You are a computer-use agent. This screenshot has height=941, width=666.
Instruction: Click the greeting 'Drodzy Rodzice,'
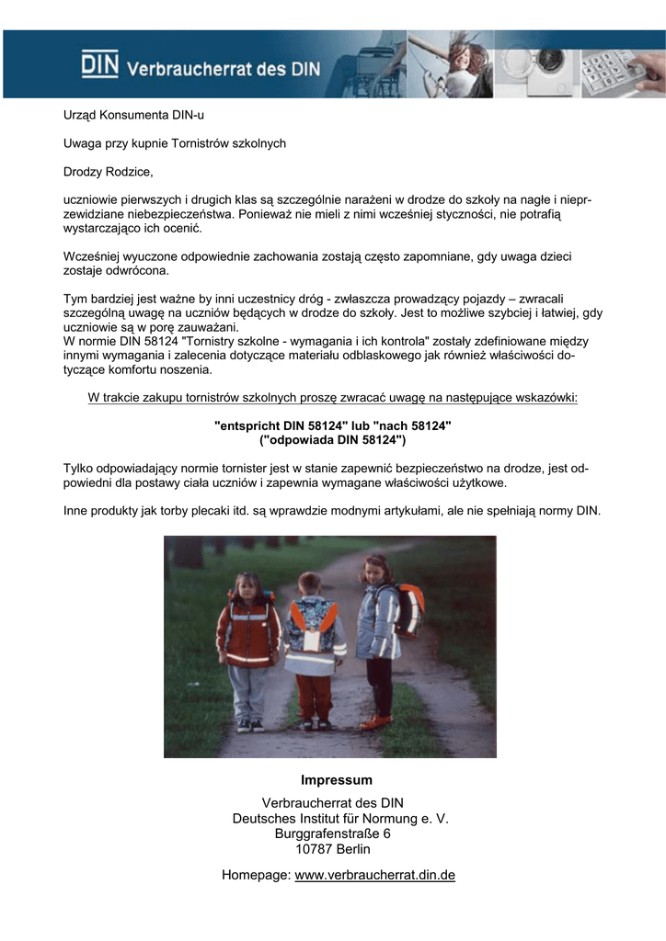click(108, 172)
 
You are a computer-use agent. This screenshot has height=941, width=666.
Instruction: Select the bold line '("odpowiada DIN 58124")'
click(332, 440)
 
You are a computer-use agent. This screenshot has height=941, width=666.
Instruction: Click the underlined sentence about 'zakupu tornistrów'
click(332, 398)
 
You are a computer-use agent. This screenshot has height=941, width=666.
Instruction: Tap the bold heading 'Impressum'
click(337, 780)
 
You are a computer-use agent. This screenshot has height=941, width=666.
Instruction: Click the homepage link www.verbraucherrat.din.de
click(374, 876)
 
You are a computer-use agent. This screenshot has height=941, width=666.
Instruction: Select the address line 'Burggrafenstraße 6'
click(333, 833)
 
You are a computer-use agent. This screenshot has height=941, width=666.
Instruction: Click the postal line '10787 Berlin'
click(333, 849)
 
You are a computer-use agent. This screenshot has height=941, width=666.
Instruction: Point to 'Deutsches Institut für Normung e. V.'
click(340, 818)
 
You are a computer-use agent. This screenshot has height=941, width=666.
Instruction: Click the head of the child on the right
click(375, 570)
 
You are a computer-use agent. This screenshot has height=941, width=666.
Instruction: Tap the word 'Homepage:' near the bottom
click(256, 876)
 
